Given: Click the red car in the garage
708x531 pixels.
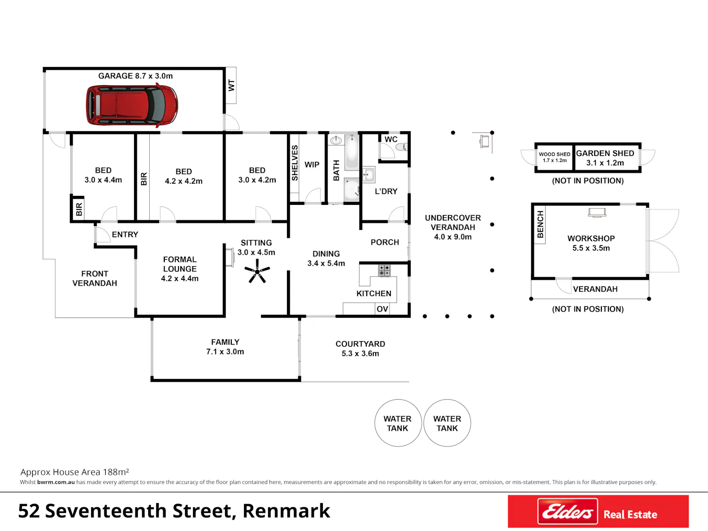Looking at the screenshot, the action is [132, 105].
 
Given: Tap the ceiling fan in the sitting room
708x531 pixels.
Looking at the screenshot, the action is [257, 271].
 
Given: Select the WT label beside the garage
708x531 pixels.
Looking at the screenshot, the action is [231, 85].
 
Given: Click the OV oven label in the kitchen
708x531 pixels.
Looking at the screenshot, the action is [382, 309].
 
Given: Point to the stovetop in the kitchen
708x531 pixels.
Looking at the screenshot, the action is [384, 270].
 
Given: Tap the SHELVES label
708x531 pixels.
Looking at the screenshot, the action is [295, 163].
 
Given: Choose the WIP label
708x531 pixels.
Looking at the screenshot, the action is [312, 165].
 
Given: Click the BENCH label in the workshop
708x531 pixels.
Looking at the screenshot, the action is [540, 224].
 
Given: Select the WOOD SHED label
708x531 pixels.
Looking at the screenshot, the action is [555, 154].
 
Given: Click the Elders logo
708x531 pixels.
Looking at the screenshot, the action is [567, 511].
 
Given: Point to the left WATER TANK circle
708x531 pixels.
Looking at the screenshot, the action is [398, 422].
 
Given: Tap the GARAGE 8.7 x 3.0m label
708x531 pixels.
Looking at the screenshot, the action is [135, 76].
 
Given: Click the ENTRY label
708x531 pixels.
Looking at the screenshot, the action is [125, 235].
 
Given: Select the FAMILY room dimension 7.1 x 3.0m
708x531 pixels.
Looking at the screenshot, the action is [225, 352].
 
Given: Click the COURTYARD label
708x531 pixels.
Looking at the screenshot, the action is [360, 344].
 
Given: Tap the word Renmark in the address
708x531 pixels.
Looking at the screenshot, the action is [287, 511].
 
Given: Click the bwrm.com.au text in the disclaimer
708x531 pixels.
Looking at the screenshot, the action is [56, 482].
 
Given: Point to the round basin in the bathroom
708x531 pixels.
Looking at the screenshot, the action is [336, 140].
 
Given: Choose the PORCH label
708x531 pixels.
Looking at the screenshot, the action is [385, 242].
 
